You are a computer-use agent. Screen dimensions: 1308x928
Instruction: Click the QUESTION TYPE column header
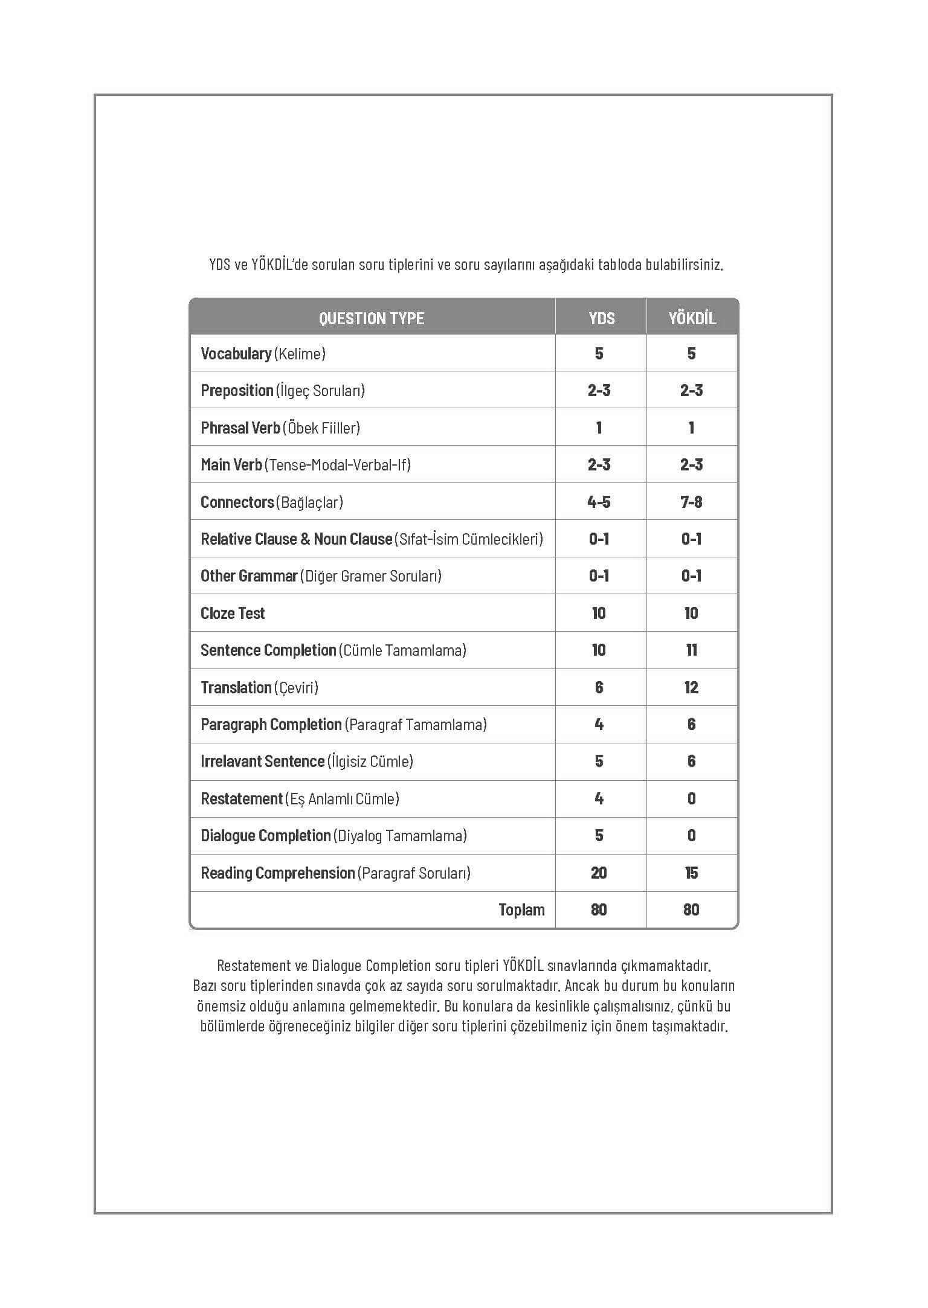point(372,318)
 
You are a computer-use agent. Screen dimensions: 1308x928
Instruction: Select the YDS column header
point(601,318)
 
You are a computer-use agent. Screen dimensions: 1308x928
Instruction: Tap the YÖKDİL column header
point(692,318)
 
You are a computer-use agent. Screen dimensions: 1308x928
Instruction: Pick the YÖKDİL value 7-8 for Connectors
point(691,502)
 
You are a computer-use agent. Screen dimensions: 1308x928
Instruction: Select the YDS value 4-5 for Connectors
point(599,502)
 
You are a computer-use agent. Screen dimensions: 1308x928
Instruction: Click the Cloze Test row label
point(233,614)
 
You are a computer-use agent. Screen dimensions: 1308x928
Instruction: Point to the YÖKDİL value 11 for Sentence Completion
point(691,650)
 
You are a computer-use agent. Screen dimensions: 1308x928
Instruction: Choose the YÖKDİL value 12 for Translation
point(691,688)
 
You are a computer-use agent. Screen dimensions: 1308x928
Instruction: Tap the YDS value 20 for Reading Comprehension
point(599,873)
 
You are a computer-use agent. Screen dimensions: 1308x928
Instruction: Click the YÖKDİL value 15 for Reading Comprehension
point(691,873)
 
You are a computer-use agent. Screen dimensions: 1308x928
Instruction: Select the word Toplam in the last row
point(521,910)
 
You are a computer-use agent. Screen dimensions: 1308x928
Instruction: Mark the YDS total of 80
point(599,910)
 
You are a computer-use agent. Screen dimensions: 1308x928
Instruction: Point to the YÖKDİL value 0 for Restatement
point(691,799)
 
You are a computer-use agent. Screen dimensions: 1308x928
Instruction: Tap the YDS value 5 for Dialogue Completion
point(599,836)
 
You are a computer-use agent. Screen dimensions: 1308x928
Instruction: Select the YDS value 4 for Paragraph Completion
point(599,725)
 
